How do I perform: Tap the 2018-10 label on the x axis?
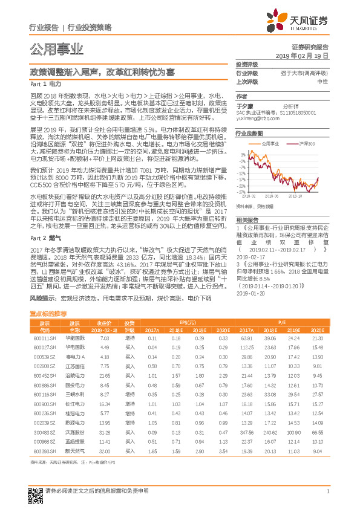296,195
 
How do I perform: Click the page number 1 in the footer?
327,498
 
